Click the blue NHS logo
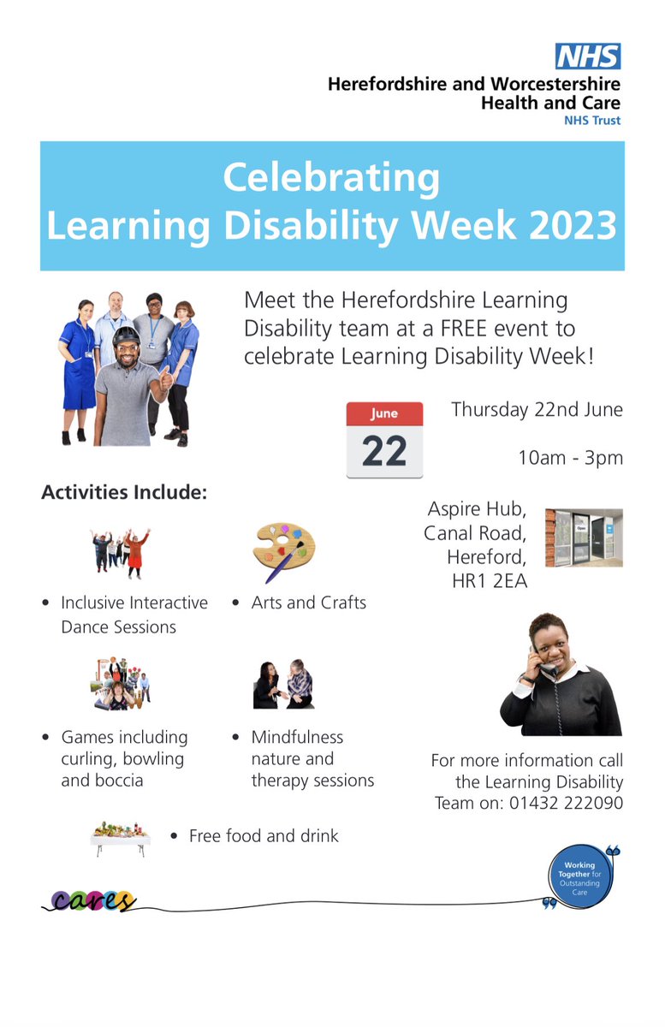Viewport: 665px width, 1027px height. [x=587, y=56]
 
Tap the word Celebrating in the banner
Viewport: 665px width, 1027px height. [x=331, y=178]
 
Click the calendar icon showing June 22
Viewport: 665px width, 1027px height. [x=384, y=440]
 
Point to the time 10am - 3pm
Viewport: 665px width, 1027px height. [x=570, y=457]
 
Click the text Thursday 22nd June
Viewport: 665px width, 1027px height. [x=537, y=410]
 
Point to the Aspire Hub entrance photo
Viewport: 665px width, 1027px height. [x=584, y=537]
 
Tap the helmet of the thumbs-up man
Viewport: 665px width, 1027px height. [x=126, y=335]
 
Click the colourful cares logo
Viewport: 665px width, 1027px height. [x=92, y=900]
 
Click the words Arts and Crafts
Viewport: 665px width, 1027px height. [x=308, y=603]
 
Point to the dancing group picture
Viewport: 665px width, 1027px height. [x=121, y=553]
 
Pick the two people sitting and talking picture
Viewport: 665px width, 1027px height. [x=284, y=685]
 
